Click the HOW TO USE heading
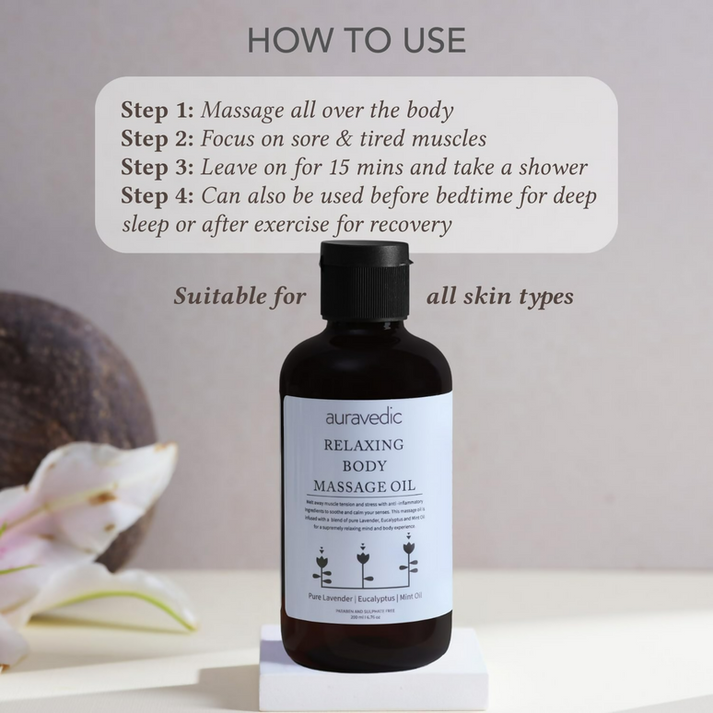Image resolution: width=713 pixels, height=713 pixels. pos(356,41)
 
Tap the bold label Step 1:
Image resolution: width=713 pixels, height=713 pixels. pos(158,111)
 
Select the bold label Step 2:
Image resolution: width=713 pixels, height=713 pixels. pos(158,139)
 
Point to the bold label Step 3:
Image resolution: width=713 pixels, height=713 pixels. pos(158,168)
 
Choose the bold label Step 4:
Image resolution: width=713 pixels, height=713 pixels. pos(158,196)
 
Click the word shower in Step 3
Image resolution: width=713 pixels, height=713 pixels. pos(551,168)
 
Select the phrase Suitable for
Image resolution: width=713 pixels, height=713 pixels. pos(240,297)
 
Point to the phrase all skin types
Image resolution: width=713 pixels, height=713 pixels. pos(499,297)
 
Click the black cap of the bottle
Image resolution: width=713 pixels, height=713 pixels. pos(364,281)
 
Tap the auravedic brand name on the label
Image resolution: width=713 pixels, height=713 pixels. pos(364,417)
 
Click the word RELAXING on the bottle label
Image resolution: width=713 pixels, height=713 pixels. pos(364,446)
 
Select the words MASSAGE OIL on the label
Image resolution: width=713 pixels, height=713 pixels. pos(364,485)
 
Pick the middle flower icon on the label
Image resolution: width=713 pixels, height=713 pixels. pos(362,563)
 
